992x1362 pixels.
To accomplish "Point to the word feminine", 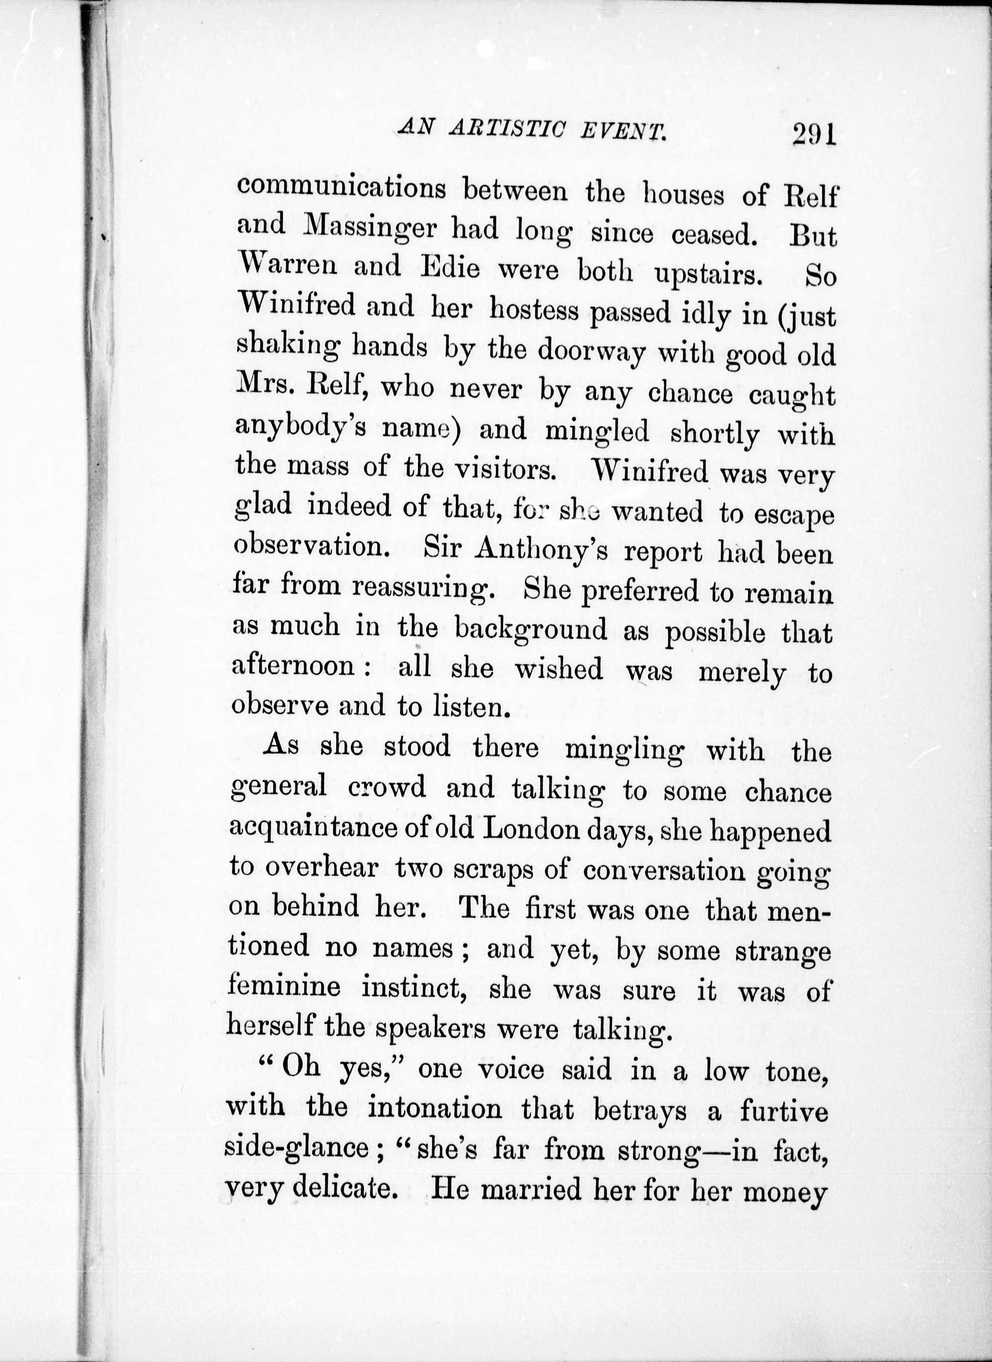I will coord(284,987).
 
